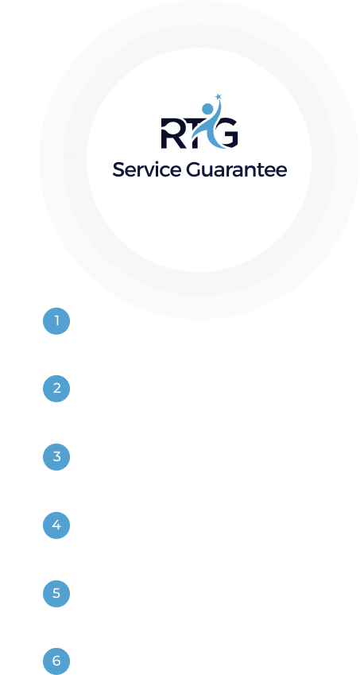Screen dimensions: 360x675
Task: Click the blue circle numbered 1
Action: pos(56,321)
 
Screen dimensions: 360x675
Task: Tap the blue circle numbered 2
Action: pos(56,389)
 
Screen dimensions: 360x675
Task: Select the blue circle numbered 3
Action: pos(56,456)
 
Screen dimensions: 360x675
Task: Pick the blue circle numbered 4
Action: pos(56,526)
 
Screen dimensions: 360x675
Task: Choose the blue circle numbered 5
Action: pos(56,594)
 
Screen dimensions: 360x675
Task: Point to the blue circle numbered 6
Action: pos(56,661)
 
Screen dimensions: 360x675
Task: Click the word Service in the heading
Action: pos(147,169)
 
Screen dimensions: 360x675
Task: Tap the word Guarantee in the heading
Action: pos(237,169)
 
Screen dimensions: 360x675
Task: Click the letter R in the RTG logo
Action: pos(171,134)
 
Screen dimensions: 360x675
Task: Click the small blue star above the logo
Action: pos(218,96)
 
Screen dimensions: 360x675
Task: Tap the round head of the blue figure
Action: pos(207,109)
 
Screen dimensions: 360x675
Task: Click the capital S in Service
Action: pos(118,169)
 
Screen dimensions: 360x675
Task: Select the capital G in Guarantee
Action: pos(194,169)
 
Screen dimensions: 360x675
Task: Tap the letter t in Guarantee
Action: pos(262,170)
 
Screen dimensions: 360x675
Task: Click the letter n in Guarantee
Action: pos(251,171)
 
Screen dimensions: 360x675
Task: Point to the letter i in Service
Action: pos(159,169)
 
